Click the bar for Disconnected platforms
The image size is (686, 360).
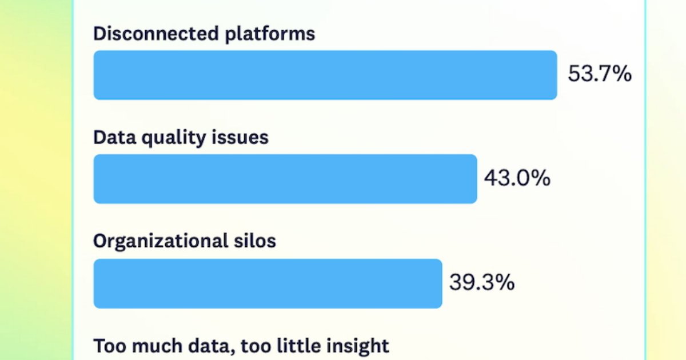pyautogui.click(x=325, y=75)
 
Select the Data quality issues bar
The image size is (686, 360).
pyautogui.click(x=285, y=179)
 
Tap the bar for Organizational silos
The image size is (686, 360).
pyautogui.click(x=268, y=283)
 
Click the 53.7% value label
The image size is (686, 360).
pyautogui.click(x=599, y=74)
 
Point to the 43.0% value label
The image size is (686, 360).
pyautogui.click(x=517, y=178)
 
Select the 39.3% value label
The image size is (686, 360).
pyautogui.click(x=481, y=282)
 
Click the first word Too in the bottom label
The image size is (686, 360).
pyautogui.click(x=107, y=346)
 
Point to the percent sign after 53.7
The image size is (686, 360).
pyautogui.click(x=622, y=74)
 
